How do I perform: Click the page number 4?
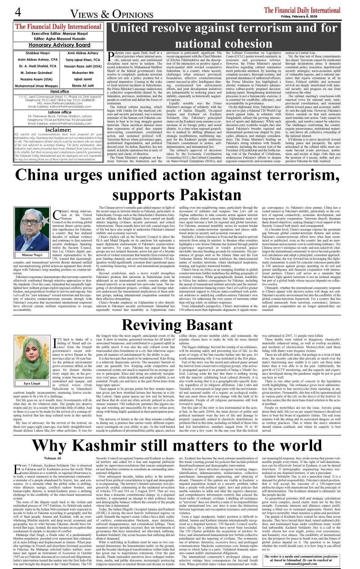[x=18, y=12]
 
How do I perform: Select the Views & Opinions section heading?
[x=112, y=14]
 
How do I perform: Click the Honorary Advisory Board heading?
[x=59, y=45]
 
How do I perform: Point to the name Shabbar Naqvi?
[x=38, y=53]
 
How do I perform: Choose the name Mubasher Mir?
[x=83, y=73]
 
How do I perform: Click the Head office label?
[x=60, y=91]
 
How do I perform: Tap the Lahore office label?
[x=60, y=112]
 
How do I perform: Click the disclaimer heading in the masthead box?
[x=58, y=130]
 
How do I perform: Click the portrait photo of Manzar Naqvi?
[x=32, y=229]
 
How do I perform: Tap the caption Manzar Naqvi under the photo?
[x=32, y=255]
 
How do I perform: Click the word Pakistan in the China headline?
[x=177, y=195]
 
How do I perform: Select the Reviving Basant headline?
[x=177, y=325]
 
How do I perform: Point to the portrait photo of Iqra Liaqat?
[x=32, y=358]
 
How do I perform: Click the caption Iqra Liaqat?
[x=32, y=383]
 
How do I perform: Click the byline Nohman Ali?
[x=52, y=458]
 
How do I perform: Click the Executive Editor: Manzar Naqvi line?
[x=59, y=34]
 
